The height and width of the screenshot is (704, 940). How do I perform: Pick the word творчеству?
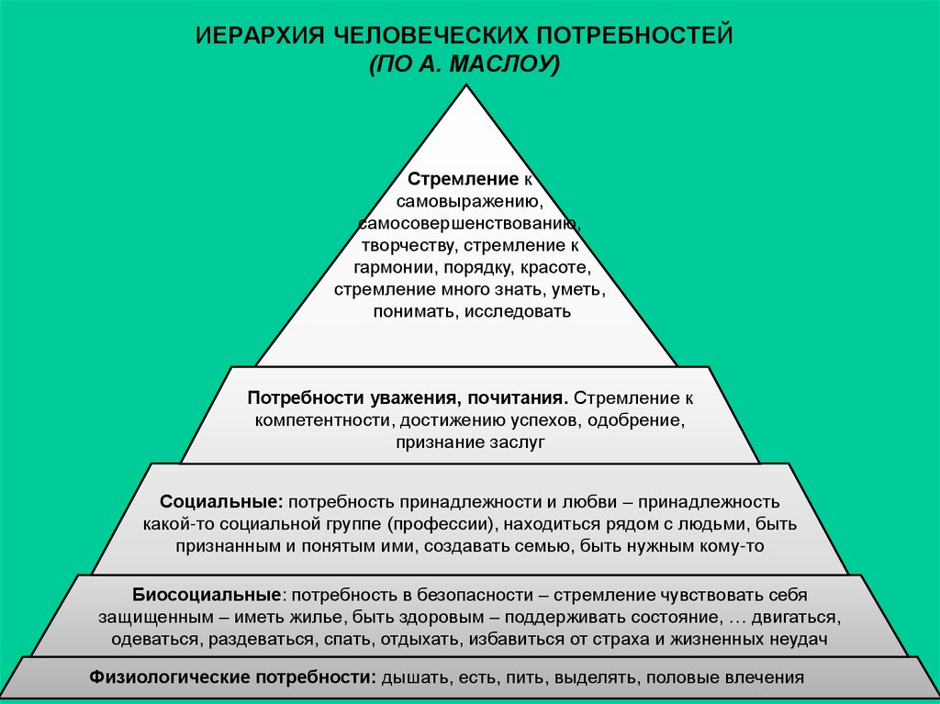(x=408, y=245)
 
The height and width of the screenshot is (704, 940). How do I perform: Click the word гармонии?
(x=395, y=267)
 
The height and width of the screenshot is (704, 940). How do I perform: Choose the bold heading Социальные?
(x=220, y=503)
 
